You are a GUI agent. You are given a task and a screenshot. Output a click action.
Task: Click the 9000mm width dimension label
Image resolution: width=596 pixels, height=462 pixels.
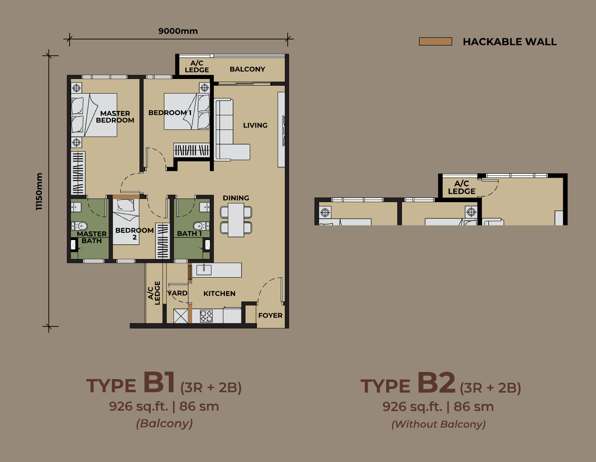pyautogui.click(x=178, y=31)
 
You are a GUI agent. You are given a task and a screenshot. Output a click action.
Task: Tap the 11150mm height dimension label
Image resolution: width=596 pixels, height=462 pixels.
pyautogui.click(x=39, y=192)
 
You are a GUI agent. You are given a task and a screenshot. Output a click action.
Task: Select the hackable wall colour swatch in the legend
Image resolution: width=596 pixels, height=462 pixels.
pyautogui.click(x=435, y=41)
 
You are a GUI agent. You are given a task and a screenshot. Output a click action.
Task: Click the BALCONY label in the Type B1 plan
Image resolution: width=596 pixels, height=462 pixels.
pyautogui.click(x=247, y=69)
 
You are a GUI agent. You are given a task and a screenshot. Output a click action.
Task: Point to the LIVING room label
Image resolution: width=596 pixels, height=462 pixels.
pyautogui.click(x=255, y=125)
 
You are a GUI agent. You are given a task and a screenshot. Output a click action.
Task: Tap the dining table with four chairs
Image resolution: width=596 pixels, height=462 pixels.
pyautogui.click(x=236, y=220)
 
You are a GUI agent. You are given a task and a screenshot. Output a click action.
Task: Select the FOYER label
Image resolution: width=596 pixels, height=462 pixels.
pyautogui.click(x=270, y=316)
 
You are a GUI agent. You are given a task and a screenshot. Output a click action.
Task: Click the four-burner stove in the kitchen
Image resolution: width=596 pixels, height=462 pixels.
pyautogui.click(x=206, y=316)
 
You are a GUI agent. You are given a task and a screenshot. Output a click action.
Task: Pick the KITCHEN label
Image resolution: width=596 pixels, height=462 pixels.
pyautogui.click(x=219, y=293)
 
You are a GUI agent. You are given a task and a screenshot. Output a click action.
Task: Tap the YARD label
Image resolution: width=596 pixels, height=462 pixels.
pyautogui.click(x=177, y=293)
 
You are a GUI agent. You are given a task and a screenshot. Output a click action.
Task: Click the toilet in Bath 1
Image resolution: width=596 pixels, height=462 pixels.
pyautogui.click(x=201, y=226)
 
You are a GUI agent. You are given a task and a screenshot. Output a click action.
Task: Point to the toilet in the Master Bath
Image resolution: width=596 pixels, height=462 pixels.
pyautogui.click(x=79, y=226)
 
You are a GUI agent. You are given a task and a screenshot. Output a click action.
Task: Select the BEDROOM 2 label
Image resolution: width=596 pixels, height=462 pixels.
pyautogui.click(x=134, y=234)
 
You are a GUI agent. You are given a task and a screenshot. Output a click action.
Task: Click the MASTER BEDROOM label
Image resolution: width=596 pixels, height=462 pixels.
pyautogui.click(x=115, y=117)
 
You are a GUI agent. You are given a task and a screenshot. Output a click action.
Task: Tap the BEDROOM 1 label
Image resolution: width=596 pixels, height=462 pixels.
pyautogui.click(x=170, y=113)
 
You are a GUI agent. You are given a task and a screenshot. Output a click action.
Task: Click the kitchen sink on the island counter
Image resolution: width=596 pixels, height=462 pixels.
pyautogui.click(x=204, y=269)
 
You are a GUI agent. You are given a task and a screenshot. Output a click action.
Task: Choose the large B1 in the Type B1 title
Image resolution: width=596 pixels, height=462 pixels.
pyautogui.click(x=159, y=382)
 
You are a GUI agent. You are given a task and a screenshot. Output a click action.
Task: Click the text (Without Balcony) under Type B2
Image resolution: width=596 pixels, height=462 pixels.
pyautogui.click(x=439, y=424)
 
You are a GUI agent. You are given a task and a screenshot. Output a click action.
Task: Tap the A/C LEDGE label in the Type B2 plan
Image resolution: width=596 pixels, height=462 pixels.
pyautogui.click(x=462, y=188)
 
